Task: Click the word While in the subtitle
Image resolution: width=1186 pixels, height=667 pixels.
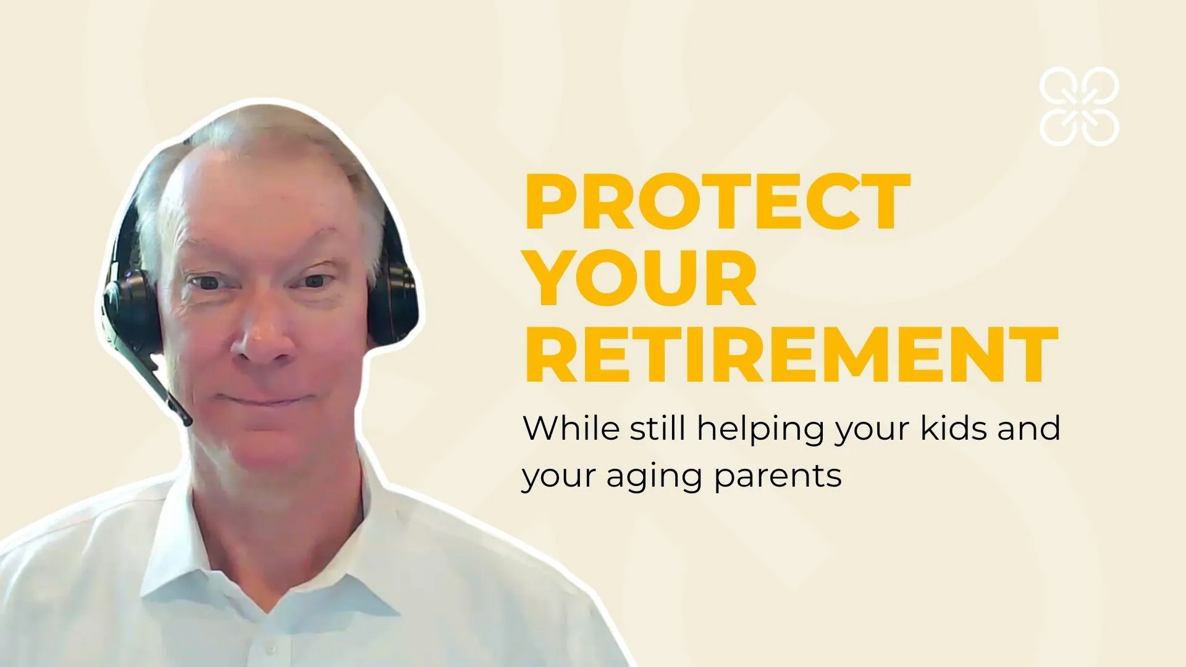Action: click(570, 428)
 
